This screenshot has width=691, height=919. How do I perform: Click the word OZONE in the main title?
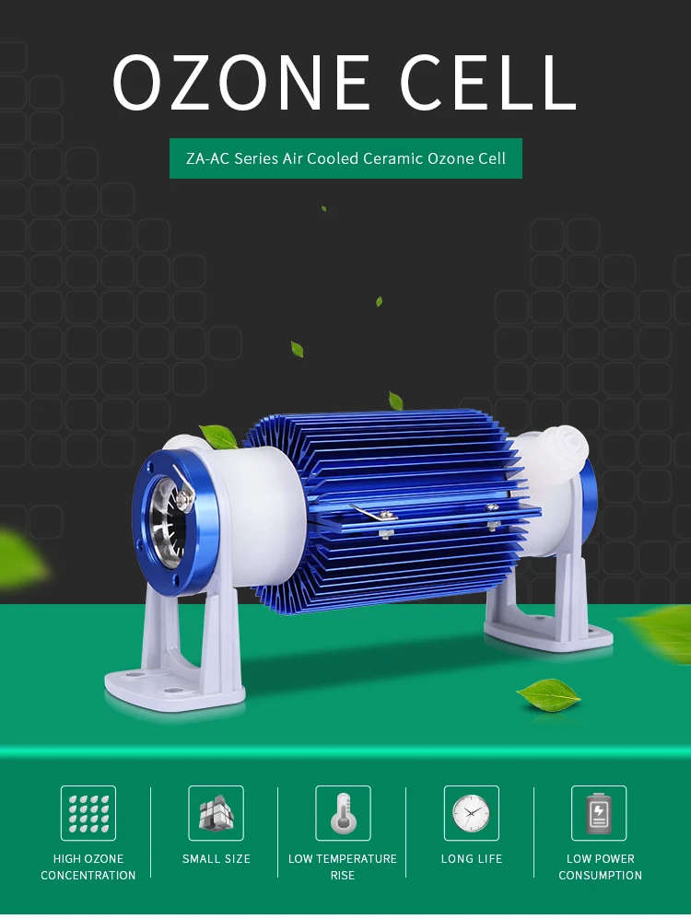tap(241, 82)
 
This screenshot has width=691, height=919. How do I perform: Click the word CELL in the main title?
tap(487, 82)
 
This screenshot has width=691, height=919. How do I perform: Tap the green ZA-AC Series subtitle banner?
tap(345, 158)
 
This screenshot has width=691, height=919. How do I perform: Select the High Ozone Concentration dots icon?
tap(88, 813)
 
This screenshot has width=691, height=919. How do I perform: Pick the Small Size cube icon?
tap(216, 813)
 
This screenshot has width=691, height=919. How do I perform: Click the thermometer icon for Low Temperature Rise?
tap(343, 813)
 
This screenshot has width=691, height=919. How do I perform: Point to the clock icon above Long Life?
tap(472, 813)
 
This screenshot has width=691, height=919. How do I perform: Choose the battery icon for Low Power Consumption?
tap(599, 813)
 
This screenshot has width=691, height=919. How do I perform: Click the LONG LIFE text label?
tap(472, 858)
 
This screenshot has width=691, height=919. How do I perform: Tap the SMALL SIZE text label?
tap(216, 858)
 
